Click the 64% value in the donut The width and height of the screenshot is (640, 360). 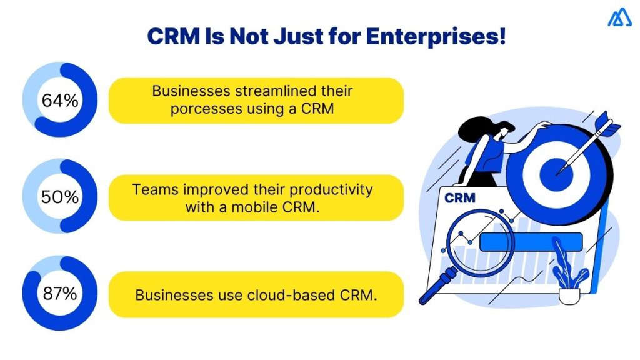60,100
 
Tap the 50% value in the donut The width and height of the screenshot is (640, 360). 60,197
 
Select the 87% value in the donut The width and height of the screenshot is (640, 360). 60,294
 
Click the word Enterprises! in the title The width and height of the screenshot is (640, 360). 435,36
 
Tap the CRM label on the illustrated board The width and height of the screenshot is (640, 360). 459,198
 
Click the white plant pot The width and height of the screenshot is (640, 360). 569,295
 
